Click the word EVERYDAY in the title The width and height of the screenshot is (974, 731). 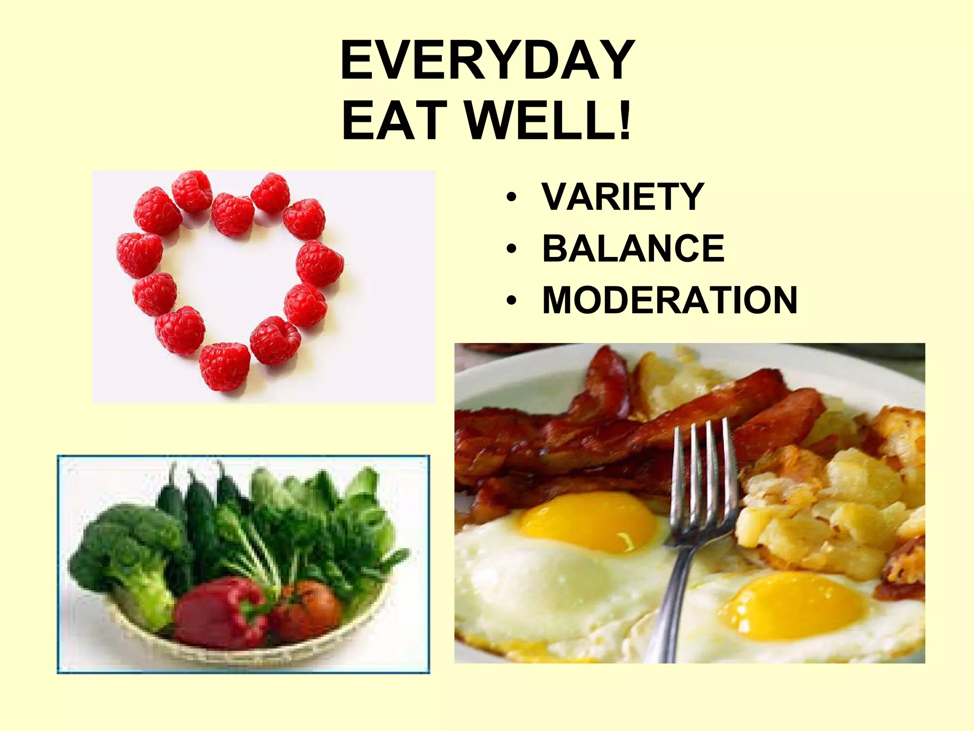coord(487,61)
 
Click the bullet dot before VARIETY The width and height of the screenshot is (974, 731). coord(511,197)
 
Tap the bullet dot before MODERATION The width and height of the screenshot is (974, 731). coord(511,301)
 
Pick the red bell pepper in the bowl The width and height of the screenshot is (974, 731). coord(219,614)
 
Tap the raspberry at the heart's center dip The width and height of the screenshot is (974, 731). coord(232,214)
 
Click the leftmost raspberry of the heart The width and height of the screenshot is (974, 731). coord(139,255)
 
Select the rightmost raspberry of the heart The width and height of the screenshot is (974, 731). coord(320,263)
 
